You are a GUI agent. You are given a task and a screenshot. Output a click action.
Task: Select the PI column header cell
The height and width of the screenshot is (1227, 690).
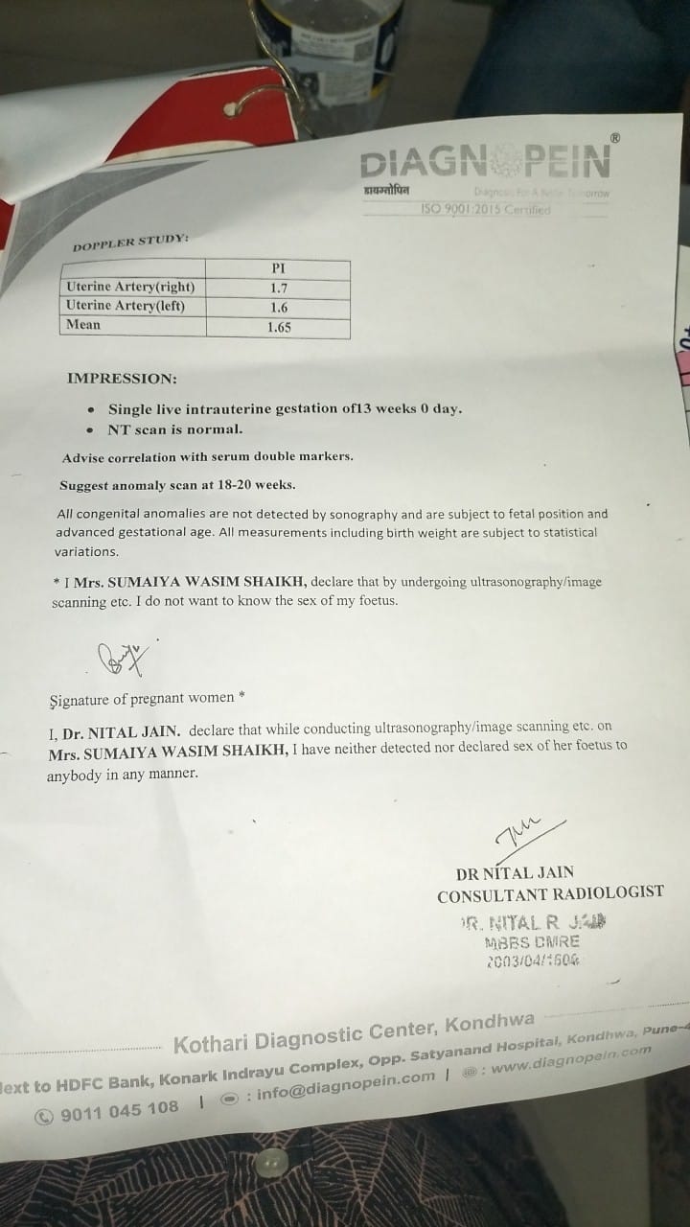278,268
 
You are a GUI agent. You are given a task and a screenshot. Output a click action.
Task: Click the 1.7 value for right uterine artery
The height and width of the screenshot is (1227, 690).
278,287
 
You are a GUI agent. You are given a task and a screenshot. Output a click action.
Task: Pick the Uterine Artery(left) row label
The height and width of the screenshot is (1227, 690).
125,306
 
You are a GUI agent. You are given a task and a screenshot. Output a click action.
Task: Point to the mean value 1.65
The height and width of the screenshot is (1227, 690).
279,327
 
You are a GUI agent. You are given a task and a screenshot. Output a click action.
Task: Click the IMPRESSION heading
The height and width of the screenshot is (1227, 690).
121,378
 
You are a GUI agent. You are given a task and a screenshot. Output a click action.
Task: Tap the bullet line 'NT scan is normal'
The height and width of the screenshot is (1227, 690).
175,428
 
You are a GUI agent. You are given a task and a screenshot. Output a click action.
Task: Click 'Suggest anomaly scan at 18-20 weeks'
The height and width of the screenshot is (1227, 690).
177,484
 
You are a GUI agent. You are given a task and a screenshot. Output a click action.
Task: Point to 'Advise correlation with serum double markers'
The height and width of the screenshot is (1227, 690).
207,456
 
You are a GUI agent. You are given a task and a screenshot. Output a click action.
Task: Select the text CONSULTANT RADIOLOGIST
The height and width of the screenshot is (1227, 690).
550,892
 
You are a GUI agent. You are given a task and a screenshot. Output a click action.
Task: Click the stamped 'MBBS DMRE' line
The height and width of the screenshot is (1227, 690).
532,941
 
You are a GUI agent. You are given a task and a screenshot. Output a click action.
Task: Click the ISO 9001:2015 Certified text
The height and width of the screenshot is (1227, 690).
486,210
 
